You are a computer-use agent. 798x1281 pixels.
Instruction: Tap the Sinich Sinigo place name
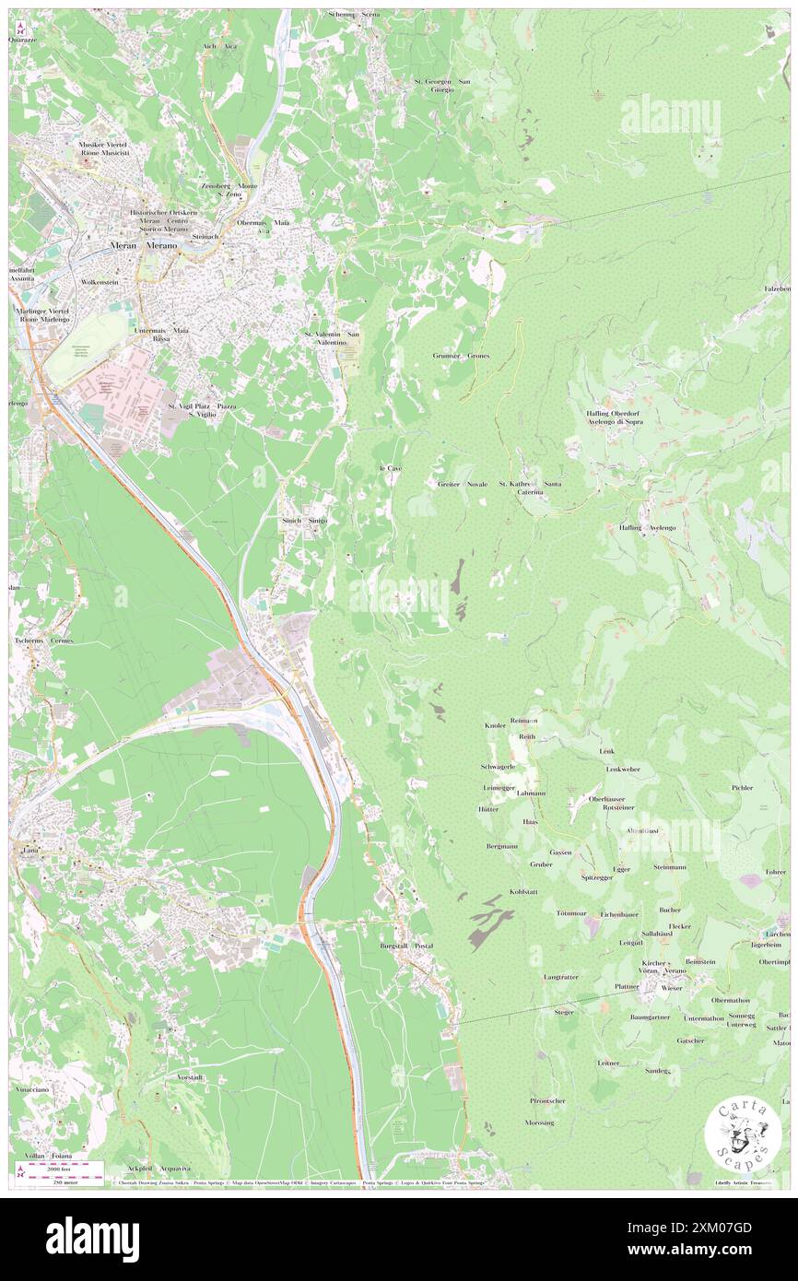304,521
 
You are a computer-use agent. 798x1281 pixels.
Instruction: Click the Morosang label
540,1122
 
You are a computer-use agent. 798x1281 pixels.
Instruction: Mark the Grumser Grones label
461,356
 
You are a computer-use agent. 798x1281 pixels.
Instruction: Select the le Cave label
391,469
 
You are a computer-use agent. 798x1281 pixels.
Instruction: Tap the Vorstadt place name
188,1076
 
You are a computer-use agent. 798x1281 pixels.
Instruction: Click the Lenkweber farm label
623,769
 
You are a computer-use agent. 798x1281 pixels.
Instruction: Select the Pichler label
742,788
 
